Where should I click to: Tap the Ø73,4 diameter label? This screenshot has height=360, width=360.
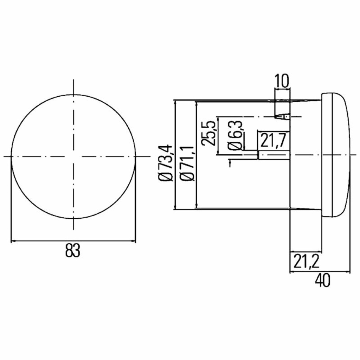[165, 163]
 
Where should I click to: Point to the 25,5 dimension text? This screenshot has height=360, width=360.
[208, 133]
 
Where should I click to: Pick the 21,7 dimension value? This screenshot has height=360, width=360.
[273, 140]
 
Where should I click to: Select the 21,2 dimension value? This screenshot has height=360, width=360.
[306, 262]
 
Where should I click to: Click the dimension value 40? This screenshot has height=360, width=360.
[322, 280]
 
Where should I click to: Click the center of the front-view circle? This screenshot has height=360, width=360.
[73, 156]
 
